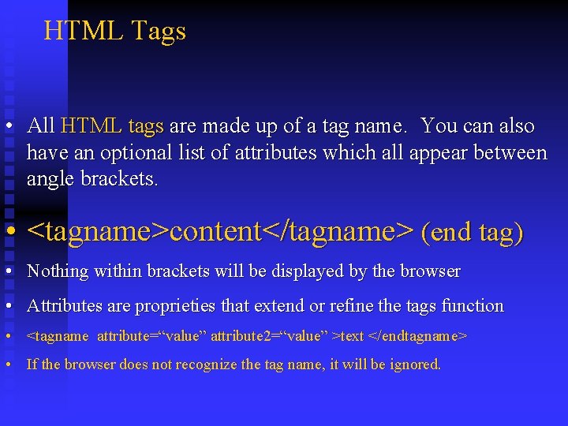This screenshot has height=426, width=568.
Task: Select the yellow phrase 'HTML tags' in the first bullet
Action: tap(112, 126)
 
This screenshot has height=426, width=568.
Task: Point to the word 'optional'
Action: tap(121, 152)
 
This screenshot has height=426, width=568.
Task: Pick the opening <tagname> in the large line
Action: tap(98, 232)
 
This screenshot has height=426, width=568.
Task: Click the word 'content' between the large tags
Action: tap(215, 232)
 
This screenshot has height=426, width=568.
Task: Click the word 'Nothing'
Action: tap(58, 271)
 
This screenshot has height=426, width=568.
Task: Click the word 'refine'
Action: tap(356, 305)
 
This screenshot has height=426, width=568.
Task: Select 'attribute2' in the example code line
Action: tap(241, 336)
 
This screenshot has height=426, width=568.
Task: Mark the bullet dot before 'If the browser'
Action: tap(7, 364)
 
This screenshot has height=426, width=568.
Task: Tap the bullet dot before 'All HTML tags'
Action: tap(7, 126)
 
